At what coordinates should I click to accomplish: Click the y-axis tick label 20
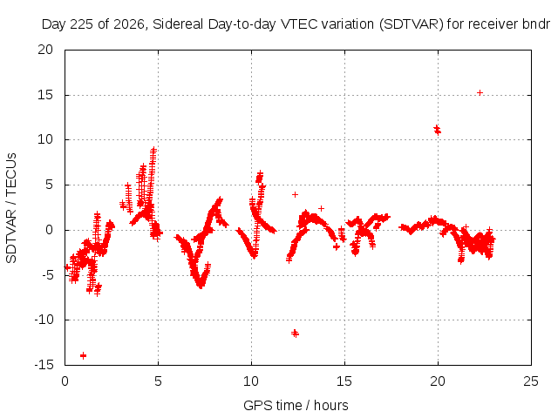click(45, 50)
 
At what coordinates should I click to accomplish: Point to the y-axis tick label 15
click(45, 95)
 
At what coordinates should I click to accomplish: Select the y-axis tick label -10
click(44, 320)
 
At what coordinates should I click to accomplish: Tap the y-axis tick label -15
click(44, 364)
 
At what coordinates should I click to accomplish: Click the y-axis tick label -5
click(48, 275)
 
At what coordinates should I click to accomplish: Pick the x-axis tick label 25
click(531, 381)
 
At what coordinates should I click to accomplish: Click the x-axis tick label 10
click(251, 381)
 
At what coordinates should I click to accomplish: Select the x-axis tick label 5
click(158, 381)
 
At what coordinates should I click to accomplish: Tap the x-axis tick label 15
click(344, 381)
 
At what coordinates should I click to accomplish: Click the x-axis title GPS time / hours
click(296, 405)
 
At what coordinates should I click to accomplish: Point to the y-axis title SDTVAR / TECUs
click(11, 208)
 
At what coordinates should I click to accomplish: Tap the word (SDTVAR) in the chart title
click(411, 24)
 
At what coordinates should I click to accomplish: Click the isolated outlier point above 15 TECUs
click(480, 93)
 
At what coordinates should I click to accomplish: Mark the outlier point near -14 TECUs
click(84, 355)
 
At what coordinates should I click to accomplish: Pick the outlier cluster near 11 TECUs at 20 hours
click(437, 130)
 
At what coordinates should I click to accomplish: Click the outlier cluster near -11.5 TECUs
click(295, 334)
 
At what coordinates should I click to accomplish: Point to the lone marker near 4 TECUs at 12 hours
click(295, 194)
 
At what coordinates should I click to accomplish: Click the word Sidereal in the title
click(178, 24)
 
